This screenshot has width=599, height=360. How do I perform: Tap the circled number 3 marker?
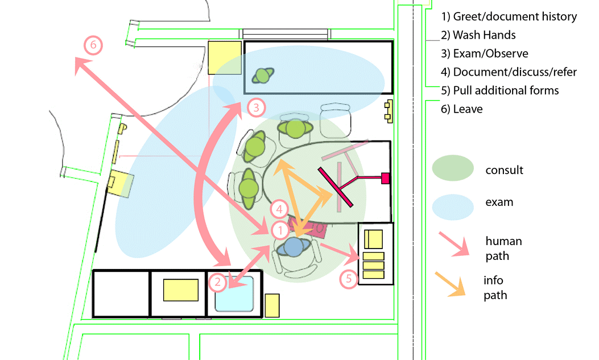click(x=256, y=107)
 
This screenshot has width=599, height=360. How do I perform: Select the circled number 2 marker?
click(x=217, y=281)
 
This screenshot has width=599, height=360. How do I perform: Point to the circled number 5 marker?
click(x=348, y=278)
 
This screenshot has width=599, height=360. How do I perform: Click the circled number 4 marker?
click(x=279, y=209)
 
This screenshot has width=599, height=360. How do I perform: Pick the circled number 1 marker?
click(x=280, y=230)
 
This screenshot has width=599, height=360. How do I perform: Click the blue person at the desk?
click(x=294, y=247)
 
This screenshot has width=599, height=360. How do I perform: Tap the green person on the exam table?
click(x=263, y=75)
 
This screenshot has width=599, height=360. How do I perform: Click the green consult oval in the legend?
click(x=453, y=169)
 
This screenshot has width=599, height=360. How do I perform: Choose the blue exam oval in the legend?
click(x=453, y=205)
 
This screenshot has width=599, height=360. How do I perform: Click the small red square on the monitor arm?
click(x=385, y=178)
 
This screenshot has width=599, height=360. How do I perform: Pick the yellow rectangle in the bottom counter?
click(x=180, y=289)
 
